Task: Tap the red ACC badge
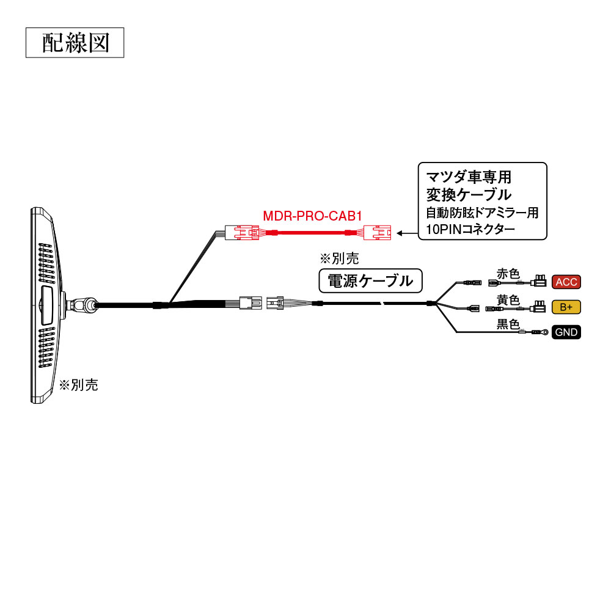566,282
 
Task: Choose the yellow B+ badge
566,307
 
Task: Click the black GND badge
566,332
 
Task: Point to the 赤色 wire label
508,274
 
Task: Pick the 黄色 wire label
508,299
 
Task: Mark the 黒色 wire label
508,324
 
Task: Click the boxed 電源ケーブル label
371,281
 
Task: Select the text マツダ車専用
468,177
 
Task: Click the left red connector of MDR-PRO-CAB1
241,233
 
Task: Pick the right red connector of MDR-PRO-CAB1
378,233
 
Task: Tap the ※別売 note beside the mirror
78,385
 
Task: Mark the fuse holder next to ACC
540,282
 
